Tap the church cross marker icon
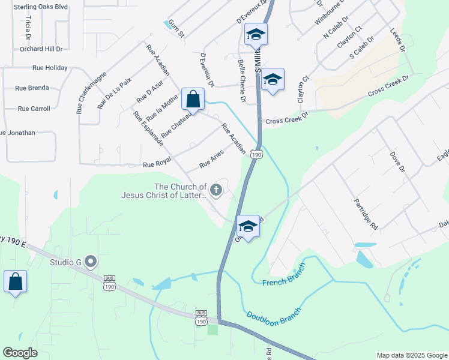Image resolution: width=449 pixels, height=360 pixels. pyautogui.click(x=216, y=191)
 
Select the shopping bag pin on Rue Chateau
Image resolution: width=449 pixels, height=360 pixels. pyautogui.click(x=193, y=100)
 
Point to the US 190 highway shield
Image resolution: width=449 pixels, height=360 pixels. pyautogui.click(x=257, y=155)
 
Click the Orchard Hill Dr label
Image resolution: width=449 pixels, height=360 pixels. pyautogui.click(x=41, y=49)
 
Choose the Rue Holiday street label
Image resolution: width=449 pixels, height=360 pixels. pyautogui.click(x=50, y=68)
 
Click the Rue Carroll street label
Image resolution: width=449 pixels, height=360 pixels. pyautogui.click(x=34, y=109)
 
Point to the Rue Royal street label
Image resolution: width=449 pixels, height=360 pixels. pyautogui.click(x=157, y=162)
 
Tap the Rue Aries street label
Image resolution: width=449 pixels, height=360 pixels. pyautogui.click(x=211, y=159)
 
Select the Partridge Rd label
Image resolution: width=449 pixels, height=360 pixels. pyautogui.click(x=366, y=214)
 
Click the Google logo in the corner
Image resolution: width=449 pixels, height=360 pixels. pyautogui.click(x=20, y=353)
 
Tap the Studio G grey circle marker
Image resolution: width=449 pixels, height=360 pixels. pyautogui.click(x=91, y=261)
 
